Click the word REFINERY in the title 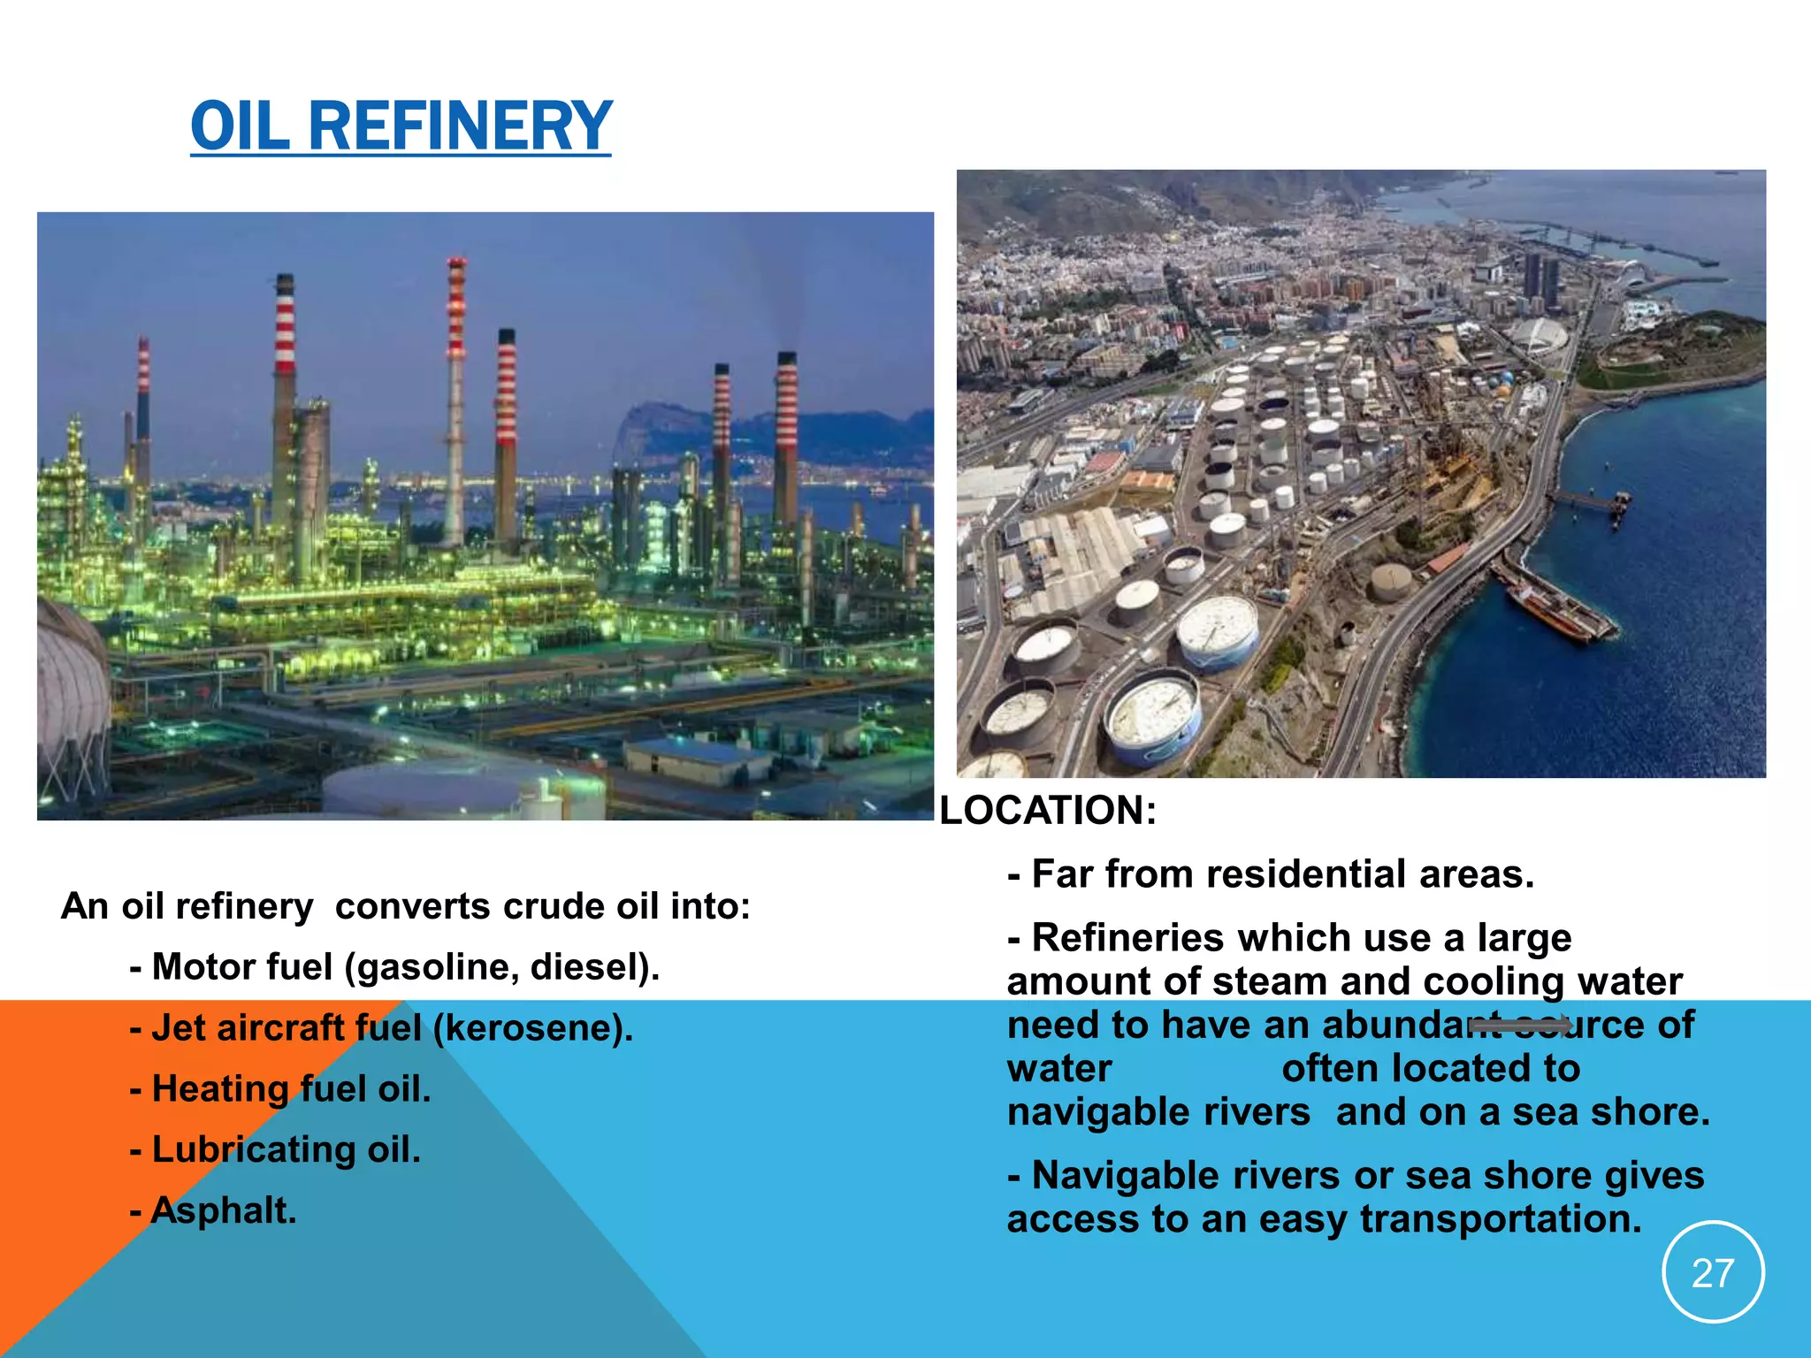(x=460, y=126)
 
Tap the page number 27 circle (x=1713, y=1273)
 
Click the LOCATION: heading (x=1048, y=811)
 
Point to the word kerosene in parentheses (x=531, y=1028)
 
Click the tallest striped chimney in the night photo (x=455, y=398)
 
